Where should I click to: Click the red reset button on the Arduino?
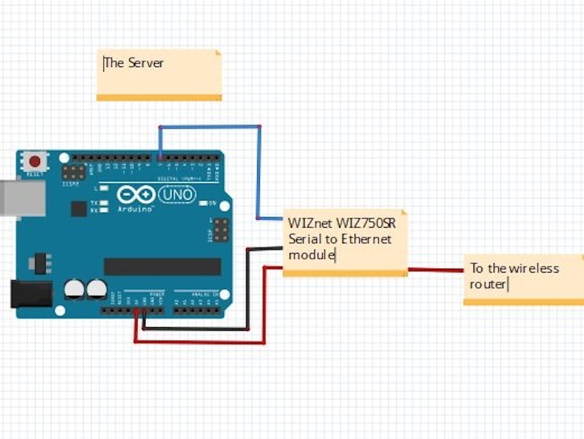point(34,160)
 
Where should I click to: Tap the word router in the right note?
point(488,284)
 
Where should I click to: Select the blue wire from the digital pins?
point(259,169)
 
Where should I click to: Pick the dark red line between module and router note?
point(435,270)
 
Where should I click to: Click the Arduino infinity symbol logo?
point(136,194)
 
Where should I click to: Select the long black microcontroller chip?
point(162,266)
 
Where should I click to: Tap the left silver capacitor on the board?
point(75,289)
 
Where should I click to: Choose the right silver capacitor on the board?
point(97,289)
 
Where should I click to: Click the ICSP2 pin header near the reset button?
point(73,172)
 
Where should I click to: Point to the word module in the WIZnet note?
point(311,255)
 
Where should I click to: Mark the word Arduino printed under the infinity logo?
point(135,209)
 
